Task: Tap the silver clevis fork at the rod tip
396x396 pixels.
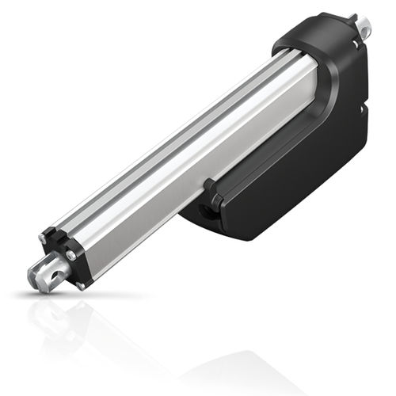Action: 44,274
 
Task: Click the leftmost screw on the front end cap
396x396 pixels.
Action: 42,238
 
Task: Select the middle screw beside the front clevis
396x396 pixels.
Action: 70,255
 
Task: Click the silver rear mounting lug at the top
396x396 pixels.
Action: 364,28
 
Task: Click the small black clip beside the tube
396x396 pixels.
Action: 211,190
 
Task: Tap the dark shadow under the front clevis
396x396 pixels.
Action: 48,293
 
